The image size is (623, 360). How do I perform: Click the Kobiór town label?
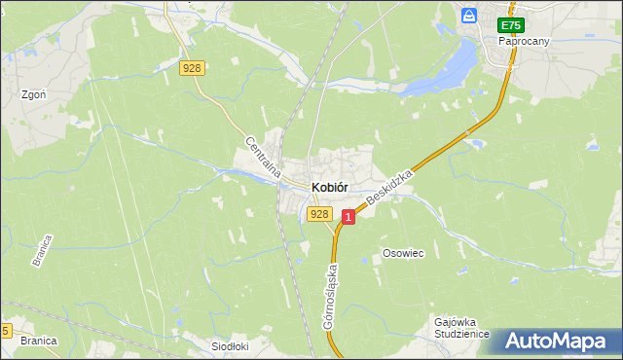(330, 187)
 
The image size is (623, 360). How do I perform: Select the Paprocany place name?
(522, 43)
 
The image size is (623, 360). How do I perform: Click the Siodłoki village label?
(231, 345)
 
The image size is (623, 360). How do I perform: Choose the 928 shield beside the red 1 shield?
(320, 213)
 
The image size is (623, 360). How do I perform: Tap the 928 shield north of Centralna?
(193, 67)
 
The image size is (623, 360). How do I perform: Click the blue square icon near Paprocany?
(469, 17)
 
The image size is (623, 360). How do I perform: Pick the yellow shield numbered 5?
(6, 331)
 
